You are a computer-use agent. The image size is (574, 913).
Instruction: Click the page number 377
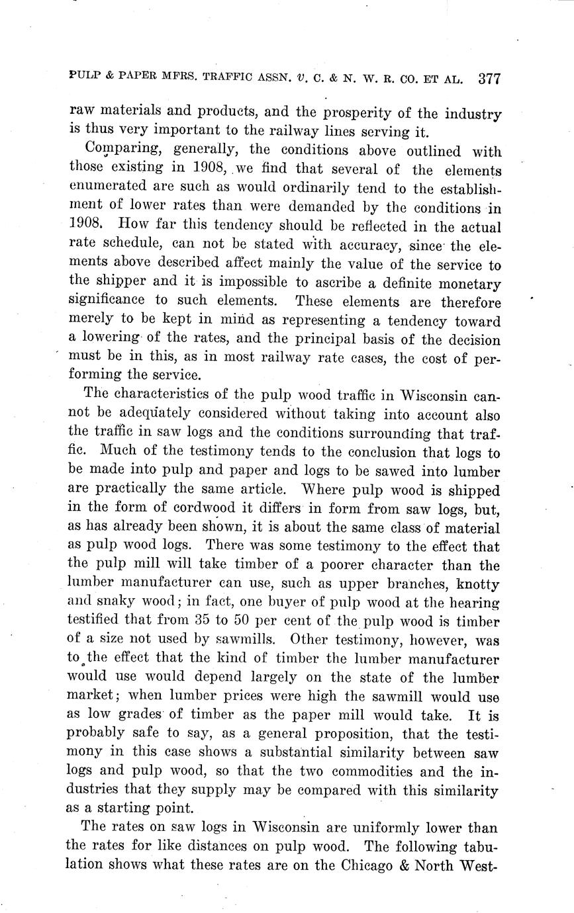pyautogui.click(x=488, y=79)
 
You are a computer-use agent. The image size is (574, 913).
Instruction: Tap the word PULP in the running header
pyautogui.click(x=83, y=77)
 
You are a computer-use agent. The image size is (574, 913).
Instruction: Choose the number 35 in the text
pyautogui.click(x=212, y=621)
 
